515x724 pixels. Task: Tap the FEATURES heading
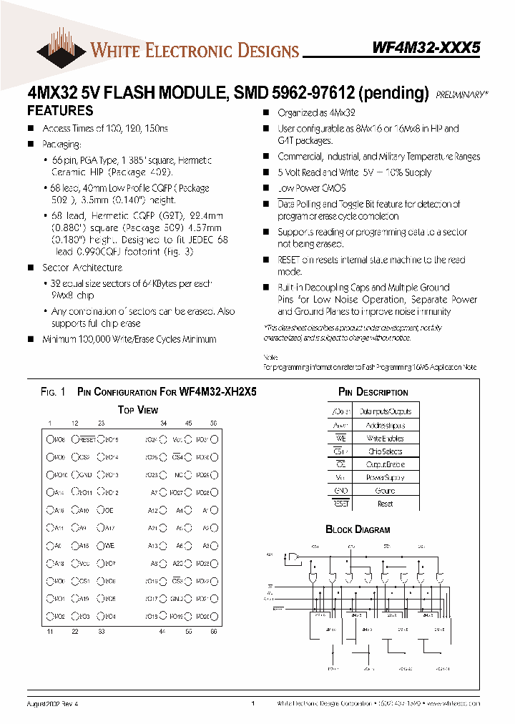(x=60, y=111)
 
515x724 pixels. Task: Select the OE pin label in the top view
(x=109, y=510)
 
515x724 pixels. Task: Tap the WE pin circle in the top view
(x=101, y=545)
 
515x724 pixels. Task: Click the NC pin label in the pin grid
(x=178, y=475)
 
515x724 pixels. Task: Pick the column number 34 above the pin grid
(x=163, y=423)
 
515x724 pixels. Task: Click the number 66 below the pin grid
(x=213, y=631)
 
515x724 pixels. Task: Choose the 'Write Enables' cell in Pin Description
(x=385, y=438)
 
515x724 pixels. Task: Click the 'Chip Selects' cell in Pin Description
(x=385, y=451)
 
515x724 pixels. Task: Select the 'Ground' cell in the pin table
(x=385, y=491)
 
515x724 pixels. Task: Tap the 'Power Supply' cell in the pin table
(x=385, y=477)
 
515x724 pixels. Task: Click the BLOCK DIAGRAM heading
(x=358, y=529)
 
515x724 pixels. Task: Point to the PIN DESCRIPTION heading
(x=373, y=392)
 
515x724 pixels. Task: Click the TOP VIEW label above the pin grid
(x=138, y=410)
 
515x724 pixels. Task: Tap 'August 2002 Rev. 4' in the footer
(x=56, y=704)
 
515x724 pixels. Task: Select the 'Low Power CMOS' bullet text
(x=311, y=188)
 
